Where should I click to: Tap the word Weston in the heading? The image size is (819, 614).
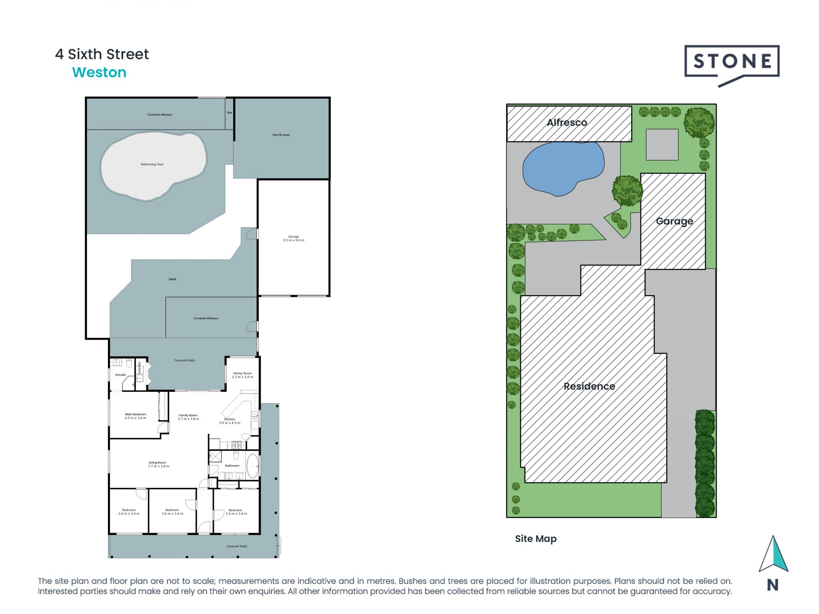(x=99, y=72)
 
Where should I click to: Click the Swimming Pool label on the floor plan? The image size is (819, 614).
(x=152, y=164)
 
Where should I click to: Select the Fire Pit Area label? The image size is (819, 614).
(x=281, y=135)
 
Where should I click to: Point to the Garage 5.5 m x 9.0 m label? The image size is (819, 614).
(x=293, y=238)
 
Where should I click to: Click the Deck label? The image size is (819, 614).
(x=172, y=279)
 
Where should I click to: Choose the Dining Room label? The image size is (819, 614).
(x=242, y=375)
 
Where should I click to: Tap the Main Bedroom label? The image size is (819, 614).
(x=136, y=416)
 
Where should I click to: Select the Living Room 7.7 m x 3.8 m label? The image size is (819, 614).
(x=158, y=464)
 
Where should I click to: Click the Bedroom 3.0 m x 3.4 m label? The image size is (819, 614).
(x=129, y=512)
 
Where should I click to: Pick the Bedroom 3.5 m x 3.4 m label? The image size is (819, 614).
(x=236, y=512)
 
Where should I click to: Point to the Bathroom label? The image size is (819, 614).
(x=232, y=466)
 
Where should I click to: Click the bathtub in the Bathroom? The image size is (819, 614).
(x=253, y=466)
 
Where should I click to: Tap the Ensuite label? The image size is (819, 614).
(x=121, y=375)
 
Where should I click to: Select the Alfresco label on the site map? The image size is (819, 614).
(x=567, y=123)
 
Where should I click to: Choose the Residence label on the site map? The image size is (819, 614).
(x=589, y=386)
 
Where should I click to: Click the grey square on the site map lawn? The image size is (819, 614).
(x=662, y=145)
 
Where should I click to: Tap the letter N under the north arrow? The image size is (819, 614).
(x=773, y=585)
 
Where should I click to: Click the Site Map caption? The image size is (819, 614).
(x=536, y=539)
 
